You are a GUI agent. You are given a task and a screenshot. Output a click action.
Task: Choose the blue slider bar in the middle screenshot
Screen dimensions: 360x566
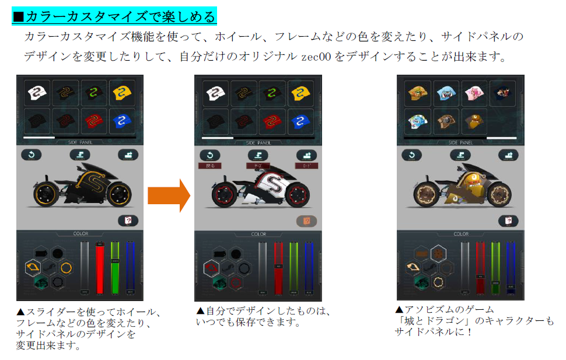point(309,268)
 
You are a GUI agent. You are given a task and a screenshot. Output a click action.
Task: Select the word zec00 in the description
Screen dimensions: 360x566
point(316,57)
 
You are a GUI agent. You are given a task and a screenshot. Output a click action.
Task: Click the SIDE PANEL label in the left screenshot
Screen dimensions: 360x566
point(81,142)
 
